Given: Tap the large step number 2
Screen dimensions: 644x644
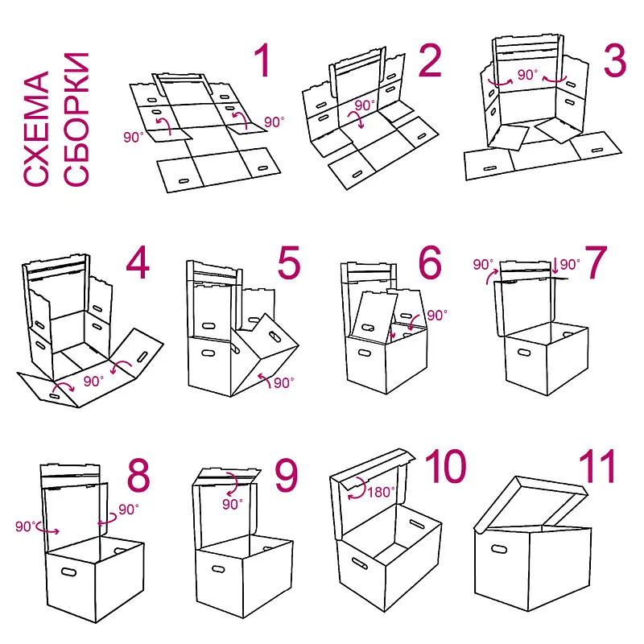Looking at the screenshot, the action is pyautogui.click(x=430, y=60).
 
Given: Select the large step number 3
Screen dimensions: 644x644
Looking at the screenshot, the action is pyautogui.click(x=615, y=60).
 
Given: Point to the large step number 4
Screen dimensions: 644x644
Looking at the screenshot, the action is pyautogui.click(x=138, y=262).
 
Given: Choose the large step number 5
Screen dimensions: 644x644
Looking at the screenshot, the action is pyautogui.click(x=289, y=262).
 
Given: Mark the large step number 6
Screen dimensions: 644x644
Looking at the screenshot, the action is pyautogui.click(x=430, y=262).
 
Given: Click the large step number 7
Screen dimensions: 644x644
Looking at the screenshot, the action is pyautogui.click(x=596, y=262).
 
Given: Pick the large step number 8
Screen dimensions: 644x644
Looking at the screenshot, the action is pyautogui.click(x=138, y=475).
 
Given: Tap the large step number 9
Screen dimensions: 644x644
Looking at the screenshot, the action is pyautogui.click(x=286, y=475).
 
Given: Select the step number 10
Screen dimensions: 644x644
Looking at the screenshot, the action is pyautogui.click(x=446, y=466).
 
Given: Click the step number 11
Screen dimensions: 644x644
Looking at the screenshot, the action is pyautogui.click(x=597, y=466).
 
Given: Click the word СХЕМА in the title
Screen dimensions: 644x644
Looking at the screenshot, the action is pyautogui.click(x=36, y=129).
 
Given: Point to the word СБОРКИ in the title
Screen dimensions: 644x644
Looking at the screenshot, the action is pyautogui.click(x=76, y=119).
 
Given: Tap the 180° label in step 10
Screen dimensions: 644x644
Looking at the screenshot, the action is pyautogui.click(x=381, y=492).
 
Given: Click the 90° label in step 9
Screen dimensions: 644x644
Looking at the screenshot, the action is pyautogui.click(x=233, y=504).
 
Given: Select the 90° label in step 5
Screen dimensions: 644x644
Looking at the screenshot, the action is pyautogui.click(x=284, y=383).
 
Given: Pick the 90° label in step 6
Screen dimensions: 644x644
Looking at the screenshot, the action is pyautogui.click(x=437, y=316).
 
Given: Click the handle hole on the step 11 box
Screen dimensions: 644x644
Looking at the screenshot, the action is pyautogui.click(x=499, y=549).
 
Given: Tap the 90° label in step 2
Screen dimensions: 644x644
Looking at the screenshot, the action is pyautogui.click(x=365, y=105).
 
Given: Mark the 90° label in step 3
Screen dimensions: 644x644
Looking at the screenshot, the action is pyautogui.click(x=527, y=75).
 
